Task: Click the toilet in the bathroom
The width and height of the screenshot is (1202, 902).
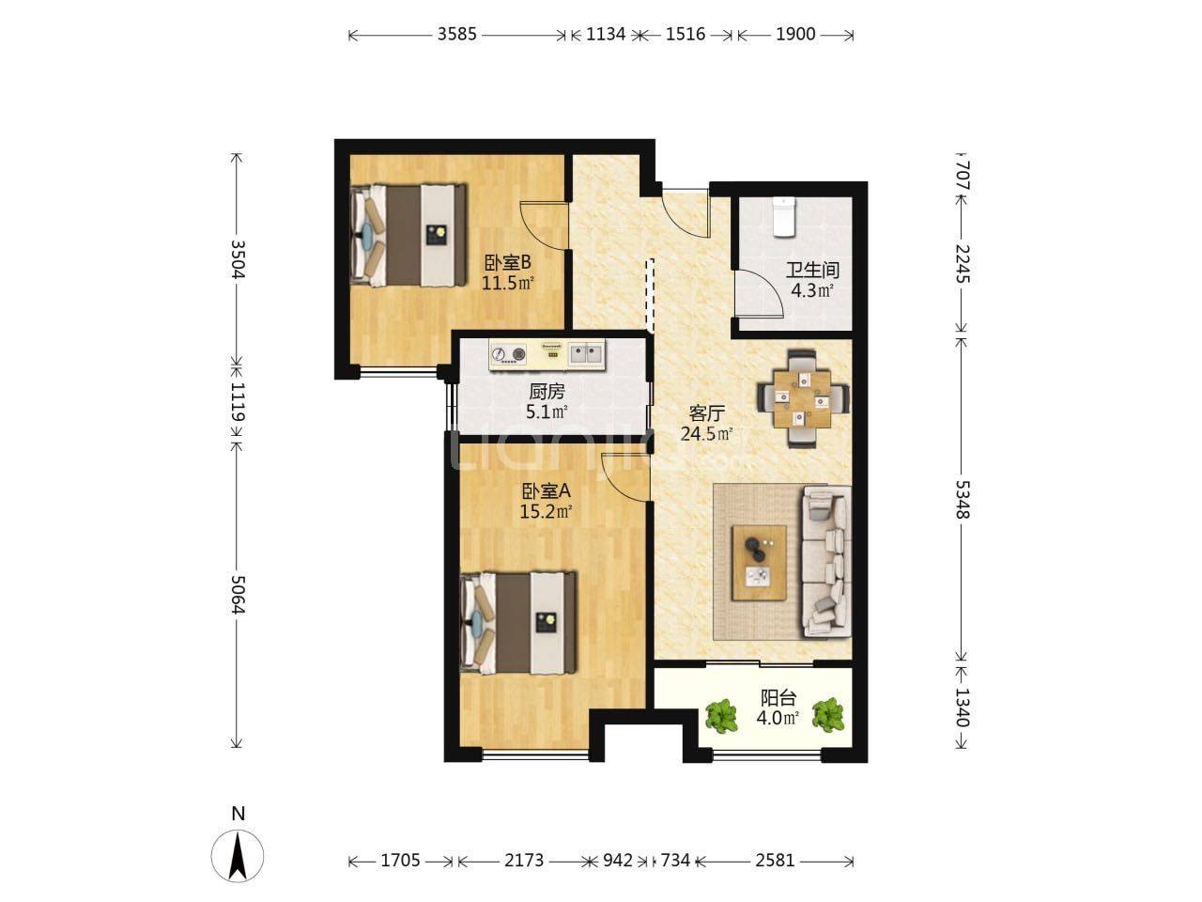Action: (x=783, y=217)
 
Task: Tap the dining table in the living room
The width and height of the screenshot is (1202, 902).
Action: (x=802, y=399)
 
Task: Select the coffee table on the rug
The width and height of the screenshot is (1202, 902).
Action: (x=760, y=563)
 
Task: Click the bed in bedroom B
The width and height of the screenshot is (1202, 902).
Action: (x=409, y=235)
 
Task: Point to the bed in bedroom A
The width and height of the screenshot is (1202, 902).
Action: (x=518, y=622)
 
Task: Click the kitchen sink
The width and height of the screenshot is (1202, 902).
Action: (x=587, y=354)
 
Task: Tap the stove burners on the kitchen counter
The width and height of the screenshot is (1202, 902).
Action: (x=509, y=354)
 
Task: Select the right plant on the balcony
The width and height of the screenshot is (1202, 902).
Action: (x=828, y=714)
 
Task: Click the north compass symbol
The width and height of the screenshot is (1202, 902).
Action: (x=238, y=855)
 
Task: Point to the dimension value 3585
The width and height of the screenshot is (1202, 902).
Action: (x=456, y=35)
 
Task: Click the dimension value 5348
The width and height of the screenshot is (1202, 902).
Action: (x=962, y=500)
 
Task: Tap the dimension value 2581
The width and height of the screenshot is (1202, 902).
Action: (x=775, y=861)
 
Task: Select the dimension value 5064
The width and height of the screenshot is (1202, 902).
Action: (x=238, y=595)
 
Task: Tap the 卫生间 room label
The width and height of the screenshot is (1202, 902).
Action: (x=812, y=270)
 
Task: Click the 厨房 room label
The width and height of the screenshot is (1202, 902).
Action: (x=547, y=391)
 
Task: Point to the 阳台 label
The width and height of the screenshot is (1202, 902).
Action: (x=778, y=698)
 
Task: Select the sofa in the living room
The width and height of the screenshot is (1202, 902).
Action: (x=825, y=562)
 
